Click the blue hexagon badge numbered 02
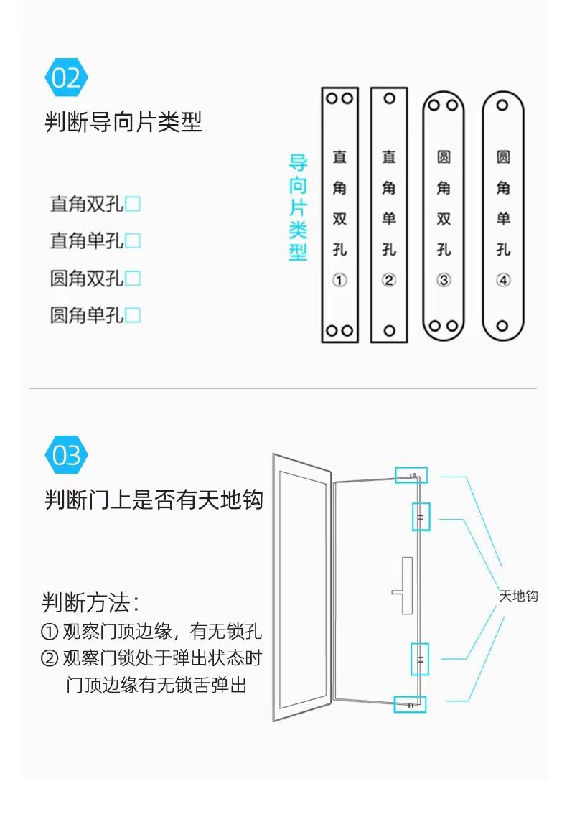point(66,78)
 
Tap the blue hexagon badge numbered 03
point(66,456)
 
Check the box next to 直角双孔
point(133,205)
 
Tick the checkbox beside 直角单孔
point(133,241)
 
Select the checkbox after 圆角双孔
point(133,279)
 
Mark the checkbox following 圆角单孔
point(133,315)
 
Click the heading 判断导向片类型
point(123,122)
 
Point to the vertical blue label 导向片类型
point(298,208)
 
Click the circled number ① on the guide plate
point(339,281)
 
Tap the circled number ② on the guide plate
point(389,281)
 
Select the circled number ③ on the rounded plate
point(444,281)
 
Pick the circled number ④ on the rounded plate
point(503,281)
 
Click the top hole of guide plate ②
point(390,98)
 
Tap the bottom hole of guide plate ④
point(503,326)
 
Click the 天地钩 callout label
point(518,596)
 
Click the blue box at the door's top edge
point(411,475)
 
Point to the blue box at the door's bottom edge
point(410,705)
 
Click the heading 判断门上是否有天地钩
point(154,500)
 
